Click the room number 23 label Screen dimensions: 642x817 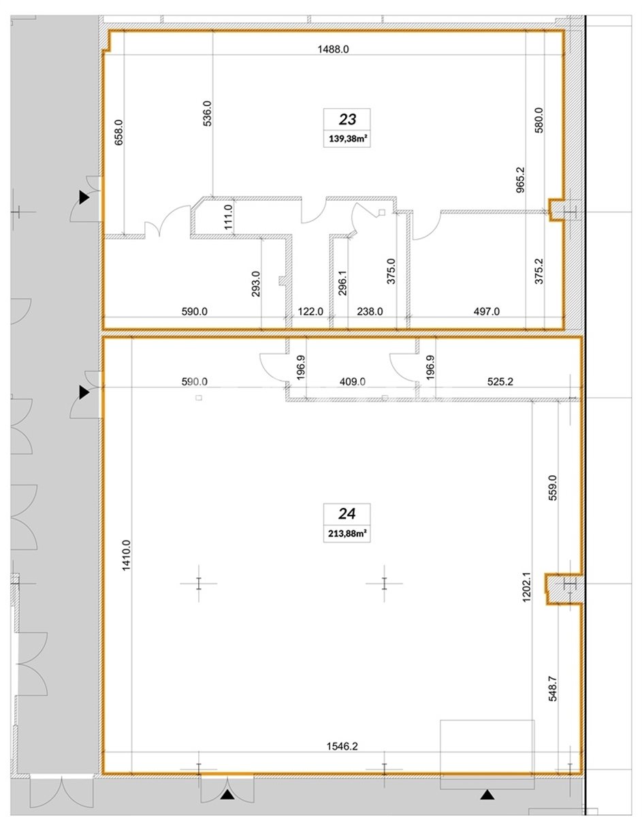click(347, 120)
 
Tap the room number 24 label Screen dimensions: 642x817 click(347, 513)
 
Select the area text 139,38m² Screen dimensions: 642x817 click(347, 139)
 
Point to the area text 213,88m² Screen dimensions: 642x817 click(347, 533)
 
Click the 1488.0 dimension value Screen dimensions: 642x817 click(334, 49)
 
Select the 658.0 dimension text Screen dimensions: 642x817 click(118, 133)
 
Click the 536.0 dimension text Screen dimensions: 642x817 click(208, 114)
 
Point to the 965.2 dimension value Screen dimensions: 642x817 click(520, 179)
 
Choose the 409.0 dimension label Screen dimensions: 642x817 click(352, 382)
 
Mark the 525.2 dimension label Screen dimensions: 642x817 click(500, 382)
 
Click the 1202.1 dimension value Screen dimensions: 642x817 click(526, 587)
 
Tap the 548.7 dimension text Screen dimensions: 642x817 click(553, 688)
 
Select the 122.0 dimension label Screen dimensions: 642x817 click(310, 311)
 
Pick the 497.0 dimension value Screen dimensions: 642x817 click(486, 311)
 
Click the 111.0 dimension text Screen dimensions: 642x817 click(228, 217)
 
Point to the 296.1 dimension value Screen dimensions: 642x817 click(342, 283)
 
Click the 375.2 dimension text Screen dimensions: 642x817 click(539, 271)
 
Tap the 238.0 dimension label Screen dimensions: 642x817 click(370, 311)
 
